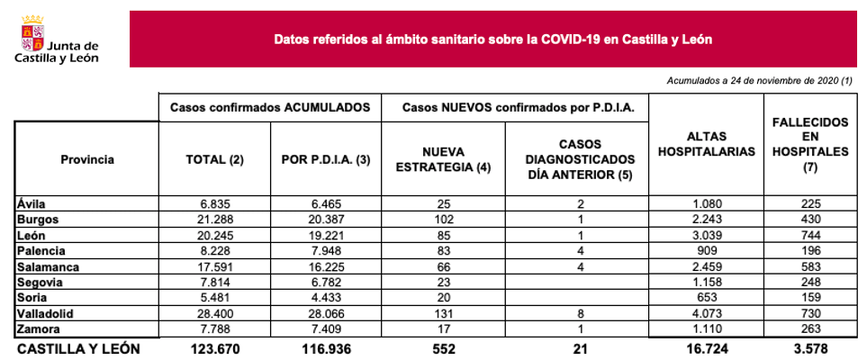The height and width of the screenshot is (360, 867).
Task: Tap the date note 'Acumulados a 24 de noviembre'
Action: tap(759, 81)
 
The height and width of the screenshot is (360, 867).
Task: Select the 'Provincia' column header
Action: tap(87, 159)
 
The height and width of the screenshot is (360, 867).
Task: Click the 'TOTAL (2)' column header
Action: tap(214, 159)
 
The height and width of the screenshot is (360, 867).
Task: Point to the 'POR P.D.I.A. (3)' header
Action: tap(326, 159)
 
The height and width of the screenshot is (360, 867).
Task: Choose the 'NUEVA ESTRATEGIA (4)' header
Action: tap(442, 159)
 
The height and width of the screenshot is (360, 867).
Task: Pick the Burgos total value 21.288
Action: tap(214, 218)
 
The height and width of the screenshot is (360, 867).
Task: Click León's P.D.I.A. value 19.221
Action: tap(326, 233)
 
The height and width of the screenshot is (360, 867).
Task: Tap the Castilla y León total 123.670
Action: tap(214, 347)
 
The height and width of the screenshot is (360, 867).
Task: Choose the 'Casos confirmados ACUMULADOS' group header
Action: tap(270, 106)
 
